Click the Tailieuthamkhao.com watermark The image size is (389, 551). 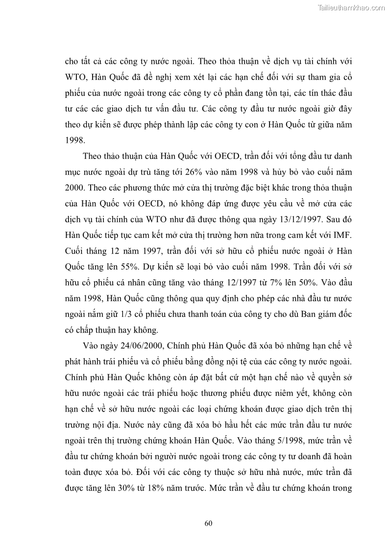point(352,7)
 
